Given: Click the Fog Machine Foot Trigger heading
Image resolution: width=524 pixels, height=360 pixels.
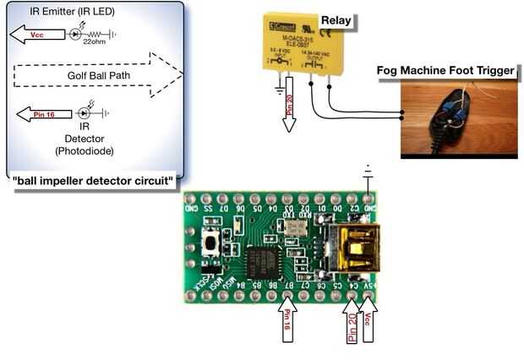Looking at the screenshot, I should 446,70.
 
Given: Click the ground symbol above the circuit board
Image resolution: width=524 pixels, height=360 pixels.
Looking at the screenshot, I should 367,175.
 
